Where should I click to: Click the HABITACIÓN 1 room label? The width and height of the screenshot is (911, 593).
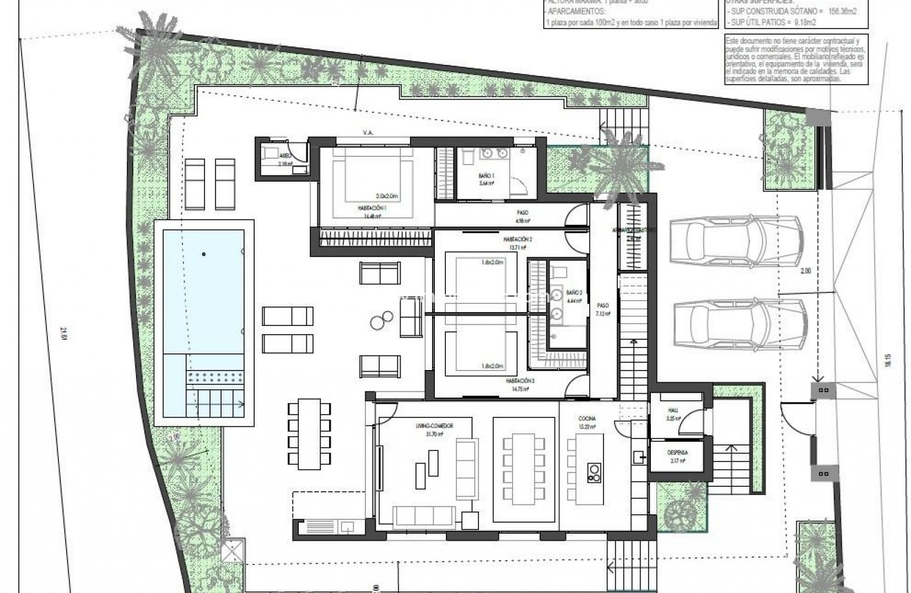click(x=371, y=208)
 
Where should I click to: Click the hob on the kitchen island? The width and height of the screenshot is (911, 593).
click(x=594, y=473)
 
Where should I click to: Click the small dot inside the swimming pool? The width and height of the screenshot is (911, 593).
click(x=204, y=255)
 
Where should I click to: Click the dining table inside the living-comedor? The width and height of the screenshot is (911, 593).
click(x=525, y=469)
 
